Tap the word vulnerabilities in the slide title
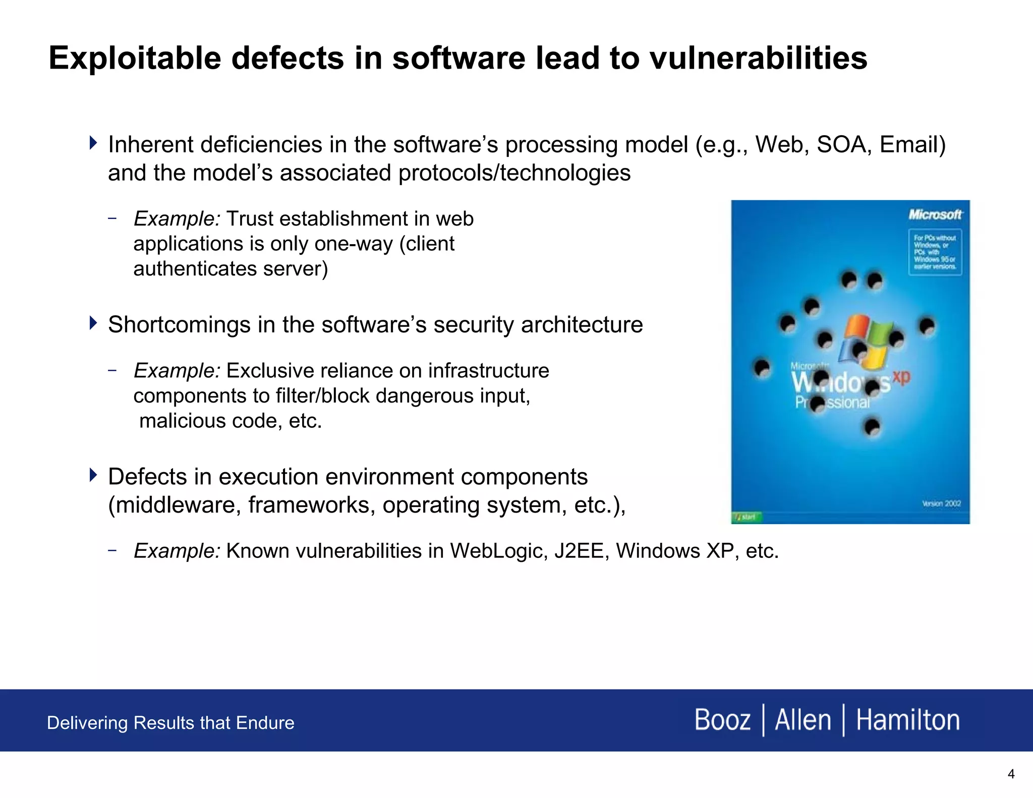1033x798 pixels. point(758,58)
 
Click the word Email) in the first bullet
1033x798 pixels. point(912,145)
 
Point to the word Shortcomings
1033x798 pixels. point(179,325)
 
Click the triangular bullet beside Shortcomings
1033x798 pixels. point(93,323)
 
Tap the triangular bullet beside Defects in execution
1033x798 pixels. point(93,475)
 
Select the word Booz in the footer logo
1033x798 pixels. point(722,720)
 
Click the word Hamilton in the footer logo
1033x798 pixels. point(907,720)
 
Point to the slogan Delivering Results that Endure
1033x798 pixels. point(170,723)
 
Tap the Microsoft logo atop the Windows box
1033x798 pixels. point(935,215)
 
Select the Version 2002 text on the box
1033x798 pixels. point(941,503)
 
